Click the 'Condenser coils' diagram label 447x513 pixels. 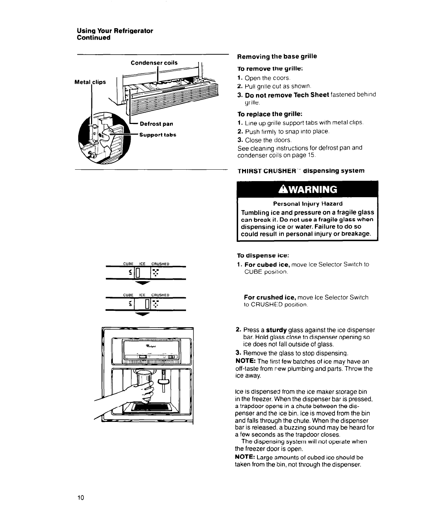(154, 63)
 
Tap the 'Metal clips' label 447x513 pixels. (90, 82)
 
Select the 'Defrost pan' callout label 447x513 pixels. (156, 124)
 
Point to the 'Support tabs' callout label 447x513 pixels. (158, 135)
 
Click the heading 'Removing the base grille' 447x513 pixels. (277, 56)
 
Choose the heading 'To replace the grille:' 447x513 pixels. (270, 114)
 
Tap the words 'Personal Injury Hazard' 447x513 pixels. (308, 204)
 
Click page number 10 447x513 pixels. (80, 498)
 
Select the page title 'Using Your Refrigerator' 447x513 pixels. (115, 31)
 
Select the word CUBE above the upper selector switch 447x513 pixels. (128, 264)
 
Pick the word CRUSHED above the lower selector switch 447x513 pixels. (160, 295)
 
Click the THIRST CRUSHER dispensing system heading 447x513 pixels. (301, 171)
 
